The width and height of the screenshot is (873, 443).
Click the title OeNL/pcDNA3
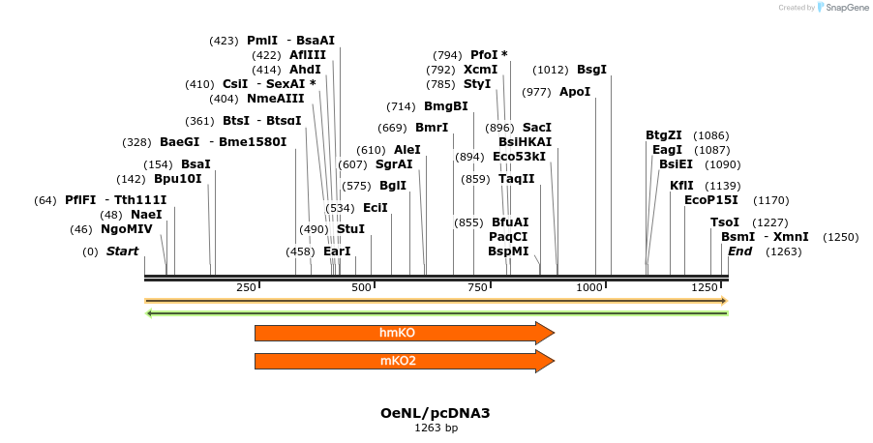click(x=436, y=413)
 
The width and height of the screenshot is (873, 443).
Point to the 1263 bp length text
click(x=436, y=428)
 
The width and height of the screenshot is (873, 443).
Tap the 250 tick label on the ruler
click(x=246, y=288)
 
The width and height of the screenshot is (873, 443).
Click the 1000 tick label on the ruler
click(x=590, y=288)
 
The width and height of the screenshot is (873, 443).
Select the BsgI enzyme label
click(x=591, y=70)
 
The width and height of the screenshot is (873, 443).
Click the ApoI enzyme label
click(x=575, y=92)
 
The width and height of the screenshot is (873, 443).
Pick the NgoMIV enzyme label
click(x=127, y=229)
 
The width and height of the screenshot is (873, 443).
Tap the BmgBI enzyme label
click(x=445, y=106)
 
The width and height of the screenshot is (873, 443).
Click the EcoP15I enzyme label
click(x=711, y=200)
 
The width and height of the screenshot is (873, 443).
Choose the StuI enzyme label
click(x=350, y=229)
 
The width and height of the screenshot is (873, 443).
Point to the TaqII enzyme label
click(x=516, y=178)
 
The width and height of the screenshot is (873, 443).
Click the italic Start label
click(x=122, y=251)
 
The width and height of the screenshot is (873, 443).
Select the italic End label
click(x=740, y=251)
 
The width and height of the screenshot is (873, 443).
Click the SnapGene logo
click(x=834, y=8)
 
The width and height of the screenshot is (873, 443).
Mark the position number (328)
click(x=136, y=142)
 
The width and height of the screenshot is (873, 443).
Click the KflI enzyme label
click(x=681, y=186)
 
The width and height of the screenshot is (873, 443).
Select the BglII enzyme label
click(x=393, y=186)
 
